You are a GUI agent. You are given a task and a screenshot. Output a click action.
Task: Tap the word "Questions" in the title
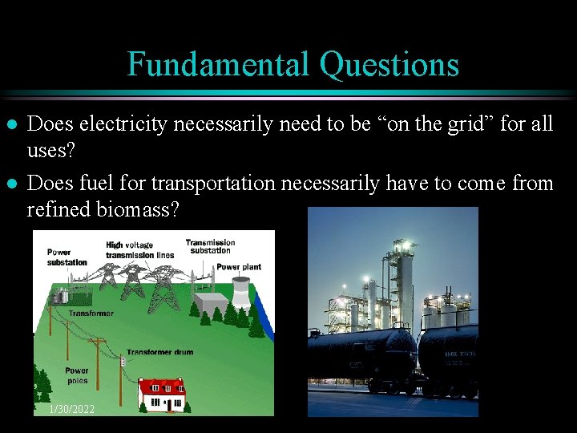tap(389, 64)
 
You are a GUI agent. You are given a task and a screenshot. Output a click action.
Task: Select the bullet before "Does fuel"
tap(10, 184)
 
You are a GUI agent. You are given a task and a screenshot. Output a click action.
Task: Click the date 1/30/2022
tap(71, 410)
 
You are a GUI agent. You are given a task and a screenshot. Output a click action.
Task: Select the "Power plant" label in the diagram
tap(238, 267)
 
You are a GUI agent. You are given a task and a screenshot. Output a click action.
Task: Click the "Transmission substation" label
tap(210, 246)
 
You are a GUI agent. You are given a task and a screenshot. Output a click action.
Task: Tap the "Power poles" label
tap(77, 375)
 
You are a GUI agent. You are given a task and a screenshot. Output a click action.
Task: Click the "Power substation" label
tap(66, 257)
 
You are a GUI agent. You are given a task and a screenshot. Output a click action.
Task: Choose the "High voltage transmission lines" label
tap(139, 250)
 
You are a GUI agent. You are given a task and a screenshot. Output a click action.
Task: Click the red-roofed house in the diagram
tap(161, 393)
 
